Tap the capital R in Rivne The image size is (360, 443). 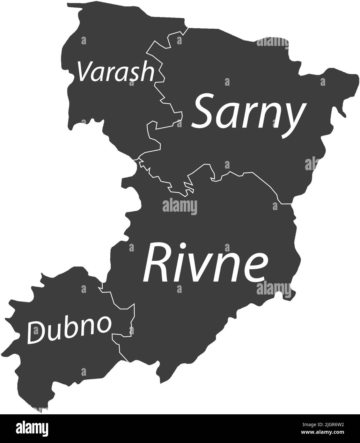[156, 263]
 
